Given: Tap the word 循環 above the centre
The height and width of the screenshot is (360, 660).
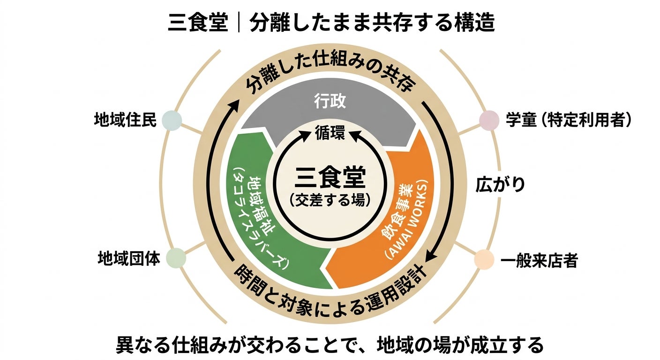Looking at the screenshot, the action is tap(330, 133).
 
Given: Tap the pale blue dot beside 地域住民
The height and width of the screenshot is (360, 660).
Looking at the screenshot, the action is tap(171, 120).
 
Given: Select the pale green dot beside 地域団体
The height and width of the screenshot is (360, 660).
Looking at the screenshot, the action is tap(176, 258).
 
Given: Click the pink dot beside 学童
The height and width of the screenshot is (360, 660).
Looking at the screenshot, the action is tap(488, 120).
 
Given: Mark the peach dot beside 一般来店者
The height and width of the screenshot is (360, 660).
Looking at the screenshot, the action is tap(484, 259).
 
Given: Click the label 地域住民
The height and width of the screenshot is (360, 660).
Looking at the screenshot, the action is tap(124, 120).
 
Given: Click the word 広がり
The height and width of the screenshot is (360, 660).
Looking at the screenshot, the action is tap(500, 184).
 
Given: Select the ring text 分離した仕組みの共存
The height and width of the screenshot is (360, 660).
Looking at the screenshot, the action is tap(330, 78).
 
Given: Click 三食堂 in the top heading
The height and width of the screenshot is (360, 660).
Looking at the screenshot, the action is tap(197, 23).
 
